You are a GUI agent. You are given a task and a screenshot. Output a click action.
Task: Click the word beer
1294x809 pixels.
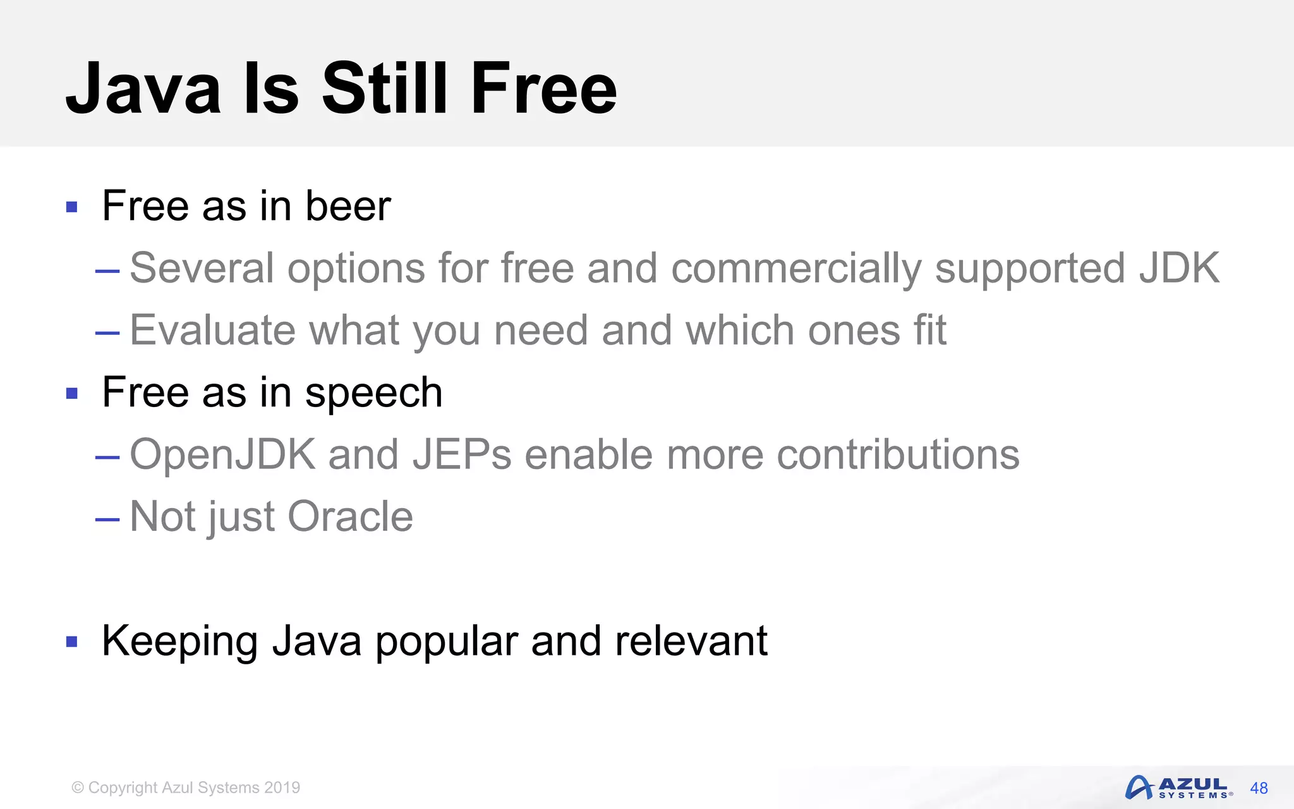click(x=348, y=206)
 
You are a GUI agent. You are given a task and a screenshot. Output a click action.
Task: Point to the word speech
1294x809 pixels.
click(x=373, y=393)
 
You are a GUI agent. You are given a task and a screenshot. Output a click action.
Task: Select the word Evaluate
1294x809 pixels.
click(x=212, y=330)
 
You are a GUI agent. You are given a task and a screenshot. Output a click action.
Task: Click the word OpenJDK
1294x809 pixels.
click(x=222, y=454)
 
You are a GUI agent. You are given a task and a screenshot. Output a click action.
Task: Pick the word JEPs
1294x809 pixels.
click(x=461, y=454)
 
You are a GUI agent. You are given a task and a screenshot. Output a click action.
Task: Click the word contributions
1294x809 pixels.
click(x=897, y=454)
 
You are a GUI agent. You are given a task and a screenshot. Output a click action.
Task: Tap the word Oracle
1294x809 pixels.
click(x=350, y=516)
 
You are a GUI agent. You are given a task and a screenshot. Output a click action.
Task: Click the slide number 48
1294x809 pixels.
click(x=1259, y=788)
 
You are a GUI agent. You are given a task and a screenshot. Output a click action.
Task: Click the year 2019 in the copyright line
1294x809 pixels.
click(x=282, y=788)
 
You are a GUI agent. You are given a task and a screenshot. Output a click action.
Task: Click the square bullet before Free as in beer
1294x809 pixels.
click(x=72, y=207)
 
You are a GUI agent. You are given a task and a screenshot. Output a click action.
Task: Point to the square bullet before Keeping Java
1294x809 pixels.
click(x=72, y=642)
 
